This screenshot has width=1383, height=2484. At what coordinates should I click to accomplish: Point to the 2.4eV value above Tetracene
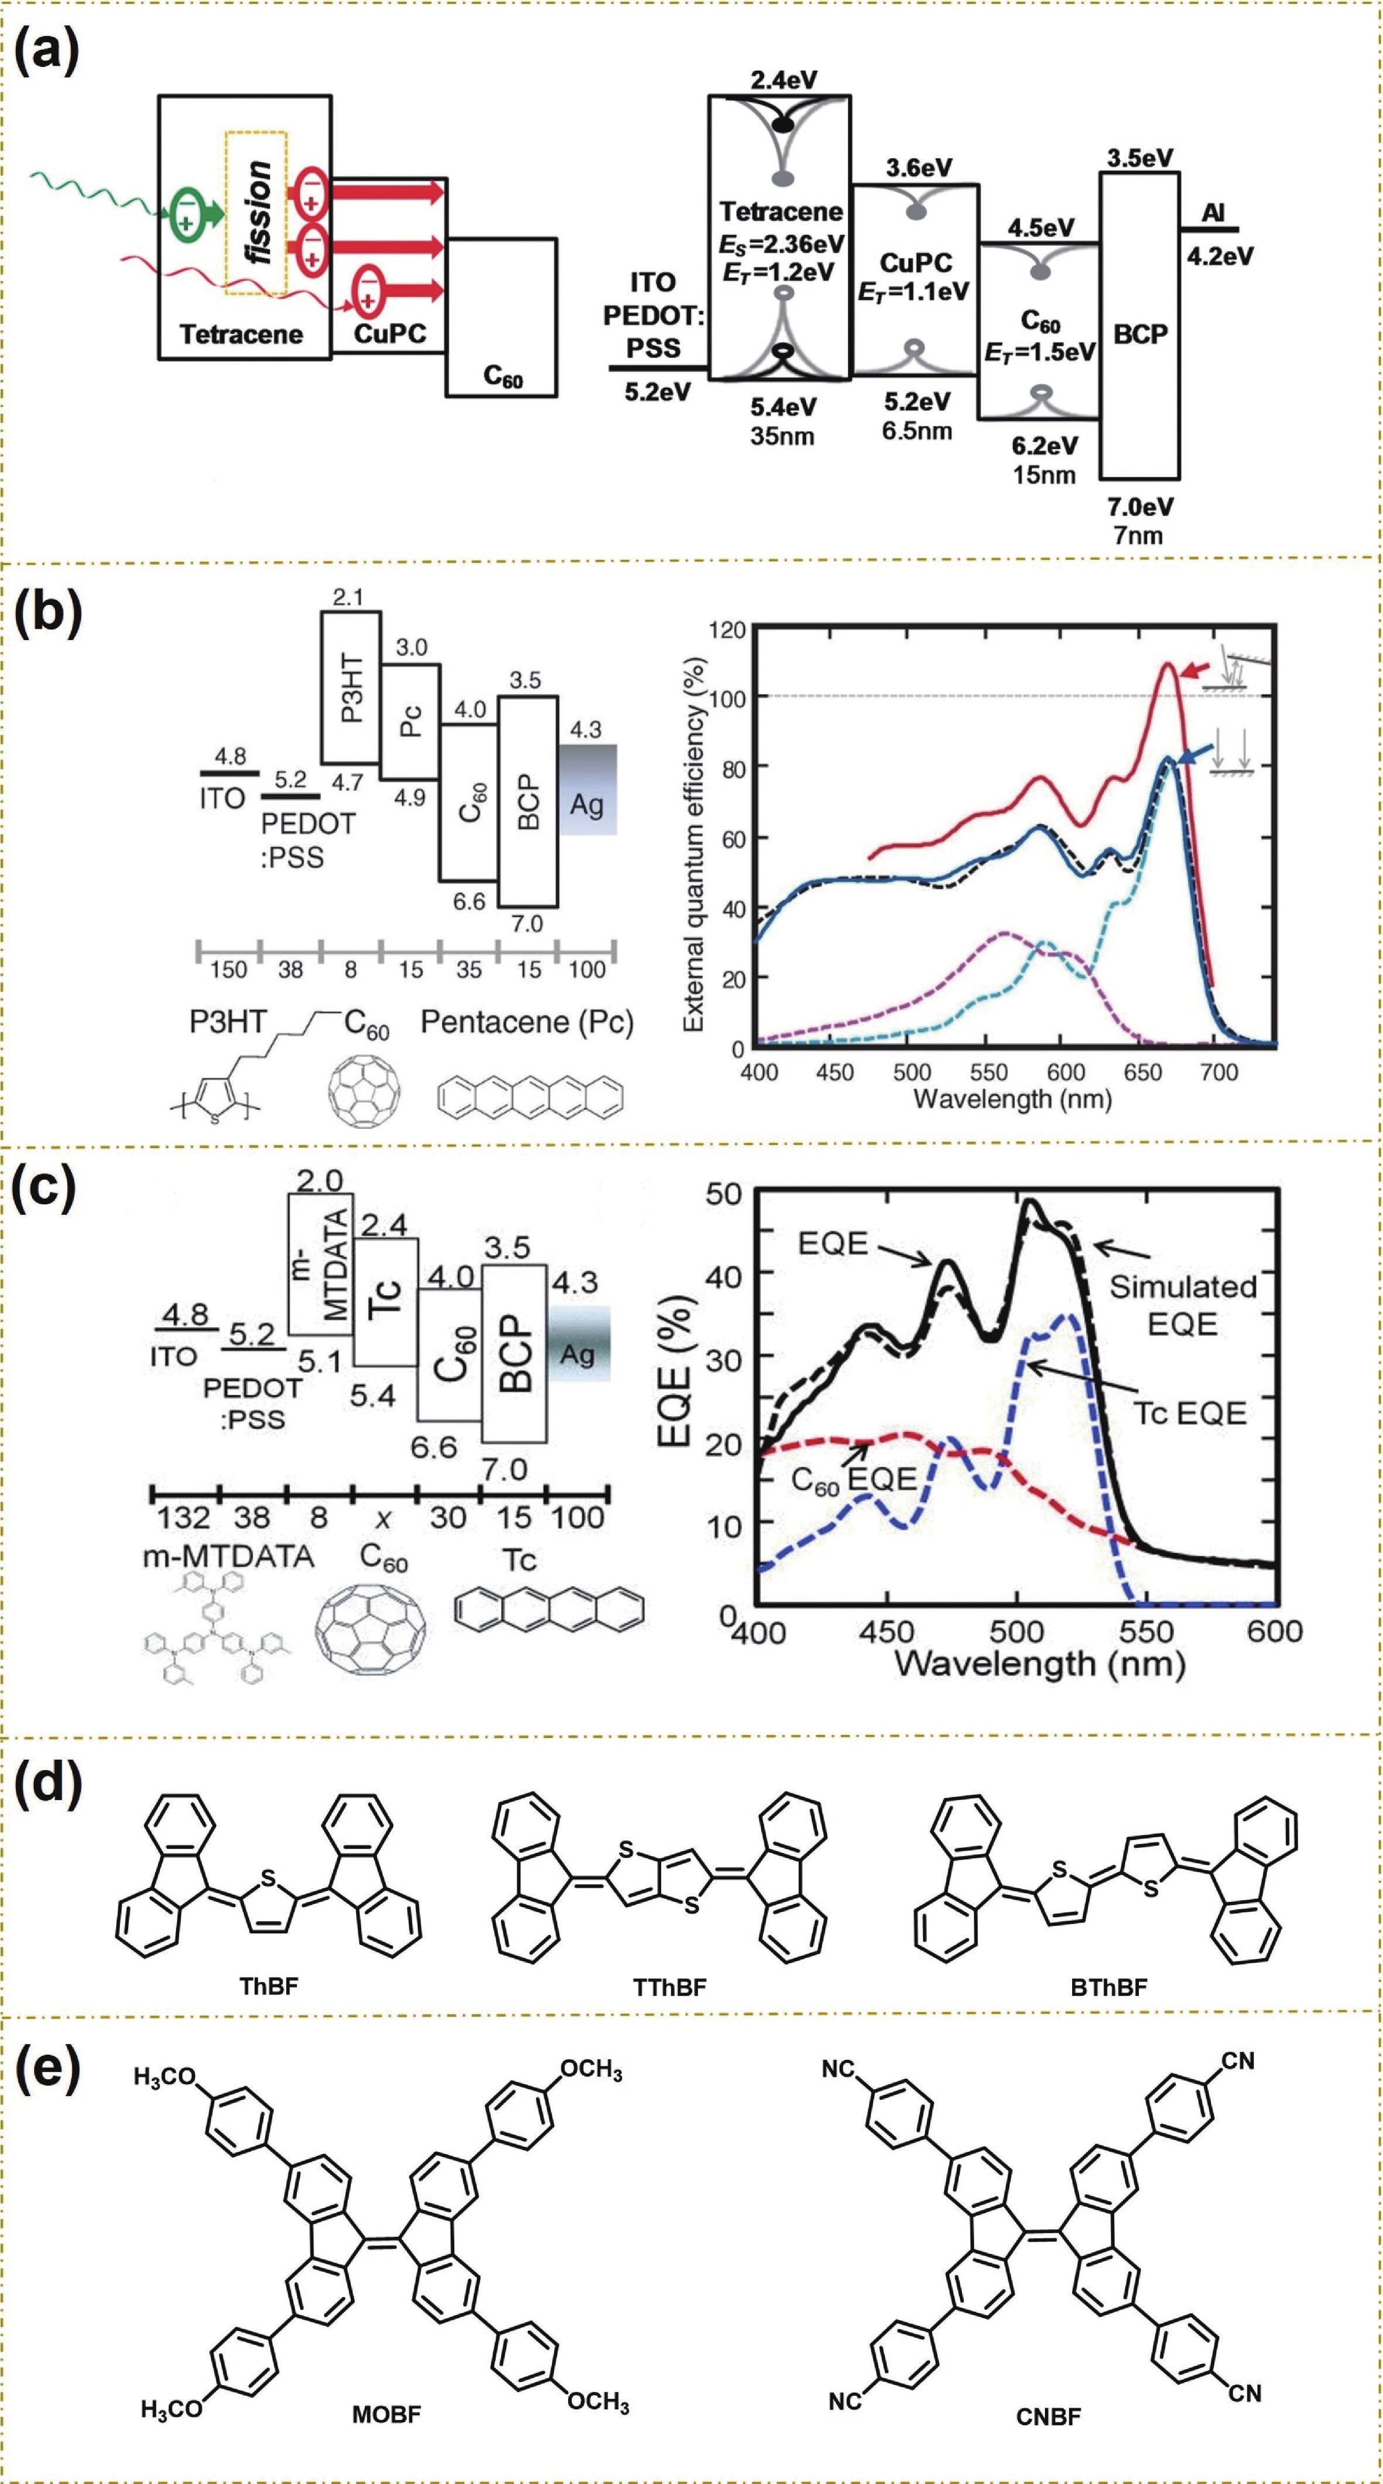783,80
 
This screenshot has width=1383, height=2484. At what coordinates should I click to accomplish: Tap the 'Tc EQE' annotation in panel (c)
1188,1414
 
